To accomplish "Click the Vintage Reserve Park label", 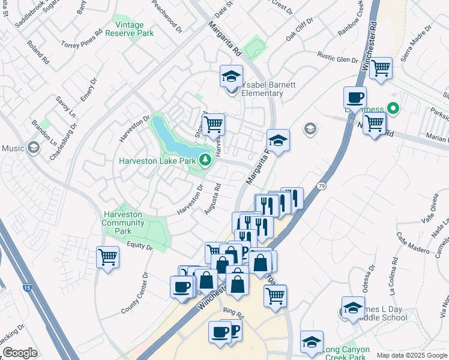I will point(129,29).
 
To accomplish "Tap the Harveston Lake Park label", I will point(157,160).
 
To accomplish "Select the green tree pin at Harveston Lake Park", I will point(205,160).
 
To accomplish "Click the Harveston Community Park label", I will point(123,223).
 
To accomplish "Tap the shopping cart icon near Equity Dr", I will point(108,257).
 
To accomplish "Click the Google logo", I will point(20,353).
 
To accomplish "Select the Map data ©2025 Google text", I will point(411,355).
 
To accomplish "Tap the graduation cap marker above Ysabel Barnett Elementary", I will point(231,76).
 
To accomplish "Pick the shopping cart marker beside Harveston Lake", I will point(213,124).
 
